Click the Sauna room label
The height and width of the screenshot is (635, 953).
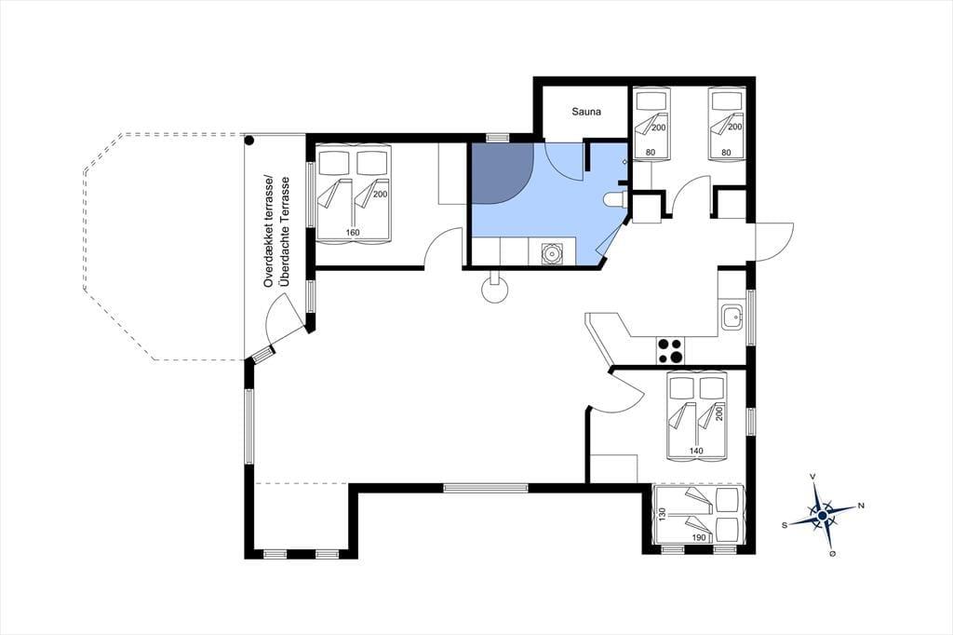point(586,112)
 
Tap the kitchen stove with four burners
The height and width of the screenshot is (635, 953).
point(671,352)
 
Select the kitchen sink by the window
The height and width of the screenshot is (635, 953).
point(732,317)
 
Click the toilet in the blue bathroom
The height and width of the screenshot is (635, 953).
point(615,199)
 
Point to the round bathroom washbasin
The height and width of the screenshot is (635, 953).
point(552,252)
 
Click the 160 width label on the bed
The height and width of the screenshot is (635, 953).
point(353,233)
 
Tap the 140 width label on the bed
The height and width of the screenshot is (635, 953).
point(696,451)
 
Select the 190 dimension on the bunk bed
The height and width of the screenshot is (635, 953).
point(699,537)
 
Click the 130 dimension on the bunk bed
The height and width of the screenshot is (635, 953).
point(663,515)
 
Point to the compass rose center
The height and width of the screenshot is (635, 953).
point(822,515)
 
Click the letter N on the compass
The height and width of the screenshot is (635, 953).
point(861,506)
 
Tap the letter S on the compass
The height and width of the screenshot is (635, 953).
point(785,525)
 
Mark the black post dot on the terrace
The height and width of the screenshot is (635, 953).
point(249,141)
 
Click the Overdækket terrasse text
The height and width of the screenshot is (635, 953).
point(267,233)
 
